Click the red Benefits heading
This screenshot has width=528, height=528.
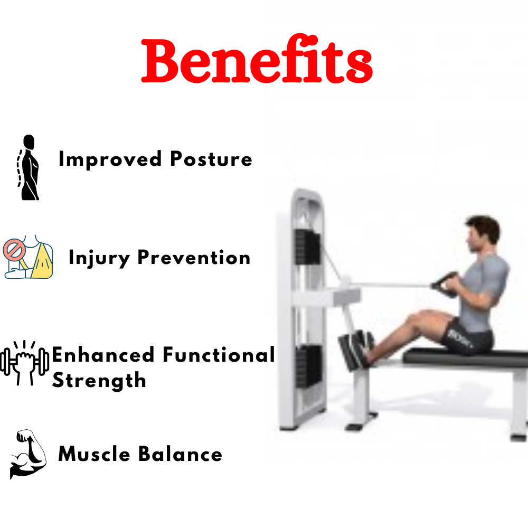[x=257, y=60]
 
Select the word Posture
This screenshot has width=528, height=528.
[x=211, y=159]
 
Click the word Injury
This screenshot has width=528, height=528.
[x=99, y=258]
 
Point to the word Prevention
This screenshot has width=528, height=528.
[x=194, y=258]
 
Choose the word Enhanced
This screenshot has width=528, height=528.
[x=103, y=355]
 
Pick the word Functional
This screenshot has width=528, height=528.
[x=219, y=355]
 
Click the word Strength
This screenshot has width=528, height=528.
[x=99, y=381]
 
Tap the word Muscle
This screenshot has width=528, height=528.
[x=94, y=454]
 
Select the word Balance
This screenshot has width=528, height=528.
[x=180, y=454]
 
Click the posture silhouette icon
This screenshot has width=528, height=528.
[x=28, y=167]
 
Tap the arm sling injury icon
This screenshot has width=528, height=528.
[x=28, y=257]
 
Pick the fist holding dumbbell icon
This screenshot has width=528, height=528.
[x=24, y=363]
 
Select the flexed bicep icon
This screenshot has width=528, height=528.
[x=28, y=454]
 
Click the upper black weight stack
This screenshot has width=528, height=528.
[x=307, y=248]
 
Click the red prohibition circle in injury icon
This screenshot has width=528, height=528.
[x=14, y=250]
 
